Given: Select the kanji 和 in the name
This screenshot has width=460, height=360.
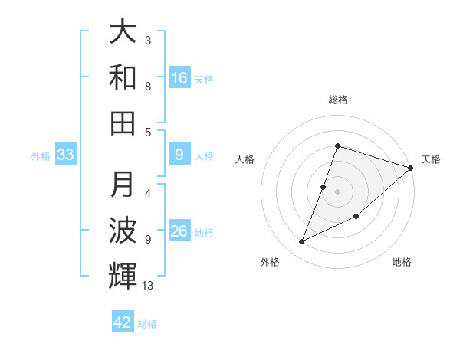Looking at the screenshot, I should click(123, 77).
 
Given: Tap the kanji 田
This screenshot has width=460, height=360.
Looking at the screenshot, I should click(123, 122).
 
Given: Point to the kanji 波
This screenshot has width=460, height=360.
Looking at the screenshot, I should click(123, 230).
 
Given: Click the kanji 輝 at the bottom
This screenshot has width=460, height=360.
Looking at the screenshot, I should click(123, 275).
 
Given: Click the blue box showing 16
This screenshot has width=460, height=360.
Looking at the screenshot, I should click(179, 77).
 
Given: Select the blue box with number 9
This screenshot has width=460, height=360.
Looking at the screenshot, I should click(179, 155).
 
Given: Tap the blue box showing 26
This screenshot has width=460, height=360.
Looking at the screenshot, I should click(179, 232).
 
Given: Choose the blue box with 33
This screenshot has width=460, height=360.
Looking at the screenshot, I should click(66, 155).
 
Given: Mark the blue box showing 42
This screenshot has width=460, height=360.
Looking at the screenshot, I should click(123, 322).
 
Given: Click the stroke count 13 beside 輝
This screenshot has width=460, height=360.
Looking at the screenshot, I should click(149, 286).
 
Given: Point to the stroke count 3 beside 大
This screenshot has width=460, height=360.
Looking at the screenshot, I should click(147, 40).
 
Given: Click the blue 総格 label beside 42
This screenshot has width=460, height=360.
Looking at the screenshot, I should click(147, 324).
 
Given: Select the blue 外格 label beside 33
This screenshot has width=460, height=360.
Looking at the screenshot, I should click(41, 156).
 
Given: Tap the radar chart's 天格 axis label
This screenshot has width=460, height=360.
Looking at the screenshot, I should click(431, 159).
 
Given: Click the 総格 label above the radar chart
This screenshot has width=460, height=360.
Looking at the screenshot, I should click(338, 100).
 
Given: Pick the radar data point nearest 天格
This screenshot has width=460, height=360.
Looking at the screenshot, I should click(410, 168).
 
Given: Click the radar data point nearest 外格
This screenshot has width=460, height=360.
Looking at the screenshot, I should click(302, 242).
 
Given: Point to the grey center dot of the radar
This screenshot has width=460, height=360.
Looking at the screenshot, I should click(338, 191).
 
